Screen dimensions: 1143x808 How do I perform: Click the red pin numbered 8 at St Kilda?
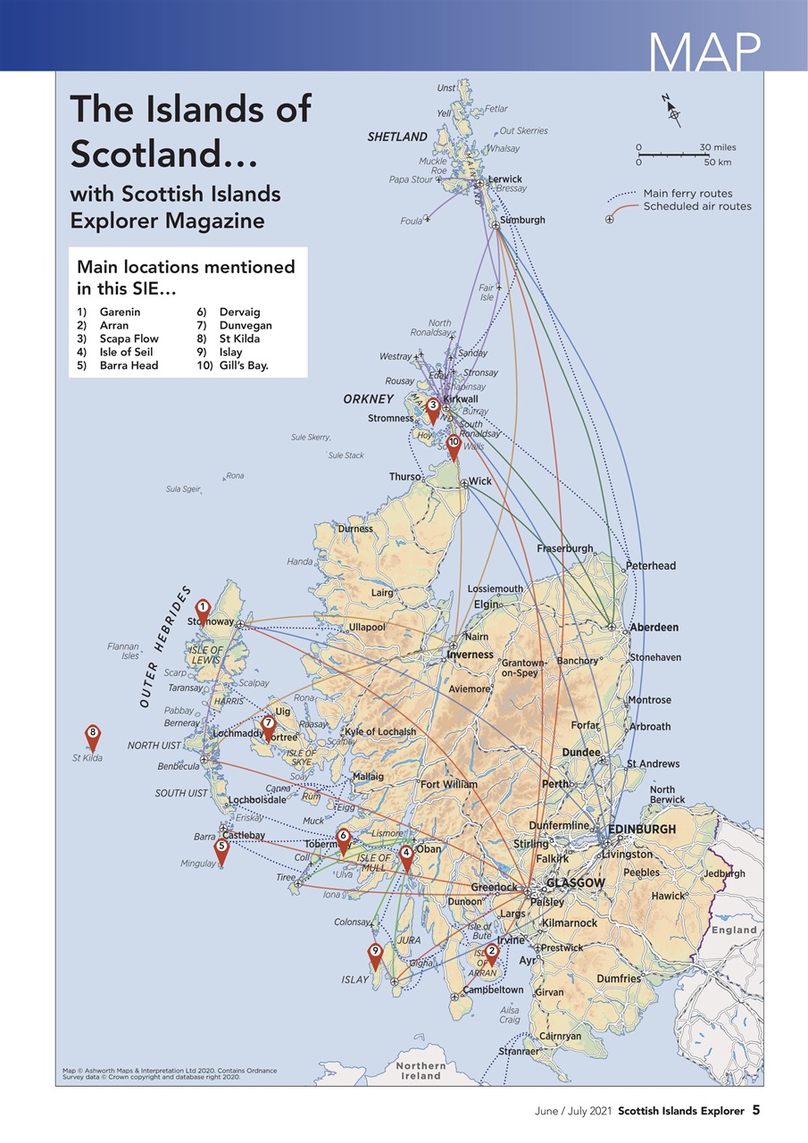coord(92,736)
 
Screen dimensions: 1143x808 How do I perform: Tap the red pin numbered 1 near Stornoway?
coord(203,610)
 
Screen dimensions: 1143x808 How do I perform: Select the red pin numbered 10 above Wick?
coord(454,445)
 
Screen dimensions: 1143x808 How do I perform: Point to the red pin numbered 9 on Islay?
coord(376,955)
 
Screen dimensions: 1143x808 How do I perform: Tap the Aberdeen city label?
coord(654,628)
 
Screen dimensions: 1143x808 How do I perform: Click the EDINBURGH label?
coord(642,830)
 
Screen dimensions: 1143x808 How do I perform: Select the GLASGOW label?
coord(575,882)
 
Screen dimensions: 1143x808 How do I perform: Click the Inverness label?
coord(470,655)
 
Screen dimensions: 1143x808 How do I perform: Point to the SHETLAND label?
coord(397,137)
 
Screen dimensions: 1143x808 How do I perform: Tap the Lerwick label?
coord(504,179)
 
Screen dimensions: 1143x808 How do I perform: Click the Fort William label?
coord(449,784)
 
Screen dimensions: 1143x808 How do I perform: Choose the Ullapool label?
coord(367,627)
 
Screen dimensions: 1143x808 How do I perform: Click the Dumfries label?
coord(619,979)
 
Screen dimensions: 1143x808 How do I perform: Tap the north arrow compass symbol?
coord(673,111)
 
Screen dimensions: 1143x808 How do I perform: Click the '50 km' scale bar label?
coord(717,163)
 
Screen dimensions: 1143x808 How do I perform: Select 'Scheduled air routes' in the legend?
coord(697,206)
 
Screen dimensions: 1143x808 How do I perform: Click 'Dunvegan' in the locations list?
coord(246,326)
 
